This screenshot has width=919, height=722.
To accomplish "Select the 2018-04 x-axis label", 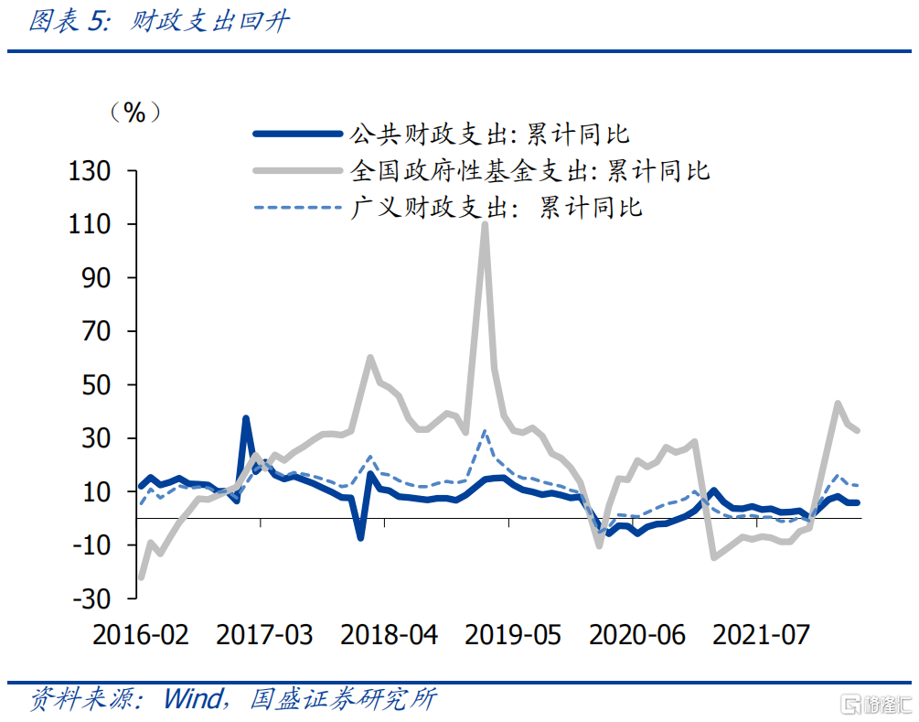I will click(x=389, y=634).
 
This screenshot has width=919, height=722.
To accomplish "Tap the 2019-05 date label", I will click(x=513, y=634).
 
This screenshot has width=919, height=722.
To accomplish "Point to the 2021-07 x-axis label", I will click(x=761, y=634).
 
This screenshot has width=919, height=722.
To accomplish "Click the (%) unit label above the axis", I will click(x=134, y=113).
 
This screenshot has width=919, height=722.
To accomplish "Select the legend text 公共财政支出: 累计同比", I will click(x=489, y=135).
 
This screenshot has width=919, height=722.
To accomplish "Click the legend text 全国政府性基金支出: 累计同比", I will click(x=529, y=170).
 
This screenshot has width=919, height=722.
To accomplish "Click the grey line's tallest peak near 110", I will click(x=484, y=225).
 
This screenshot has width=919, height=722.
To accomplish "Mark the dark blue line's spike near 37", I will click(x=246, y=418).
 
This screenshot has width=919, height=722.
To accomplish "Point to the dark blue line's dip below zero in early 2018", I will click(x=360, y=537).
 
